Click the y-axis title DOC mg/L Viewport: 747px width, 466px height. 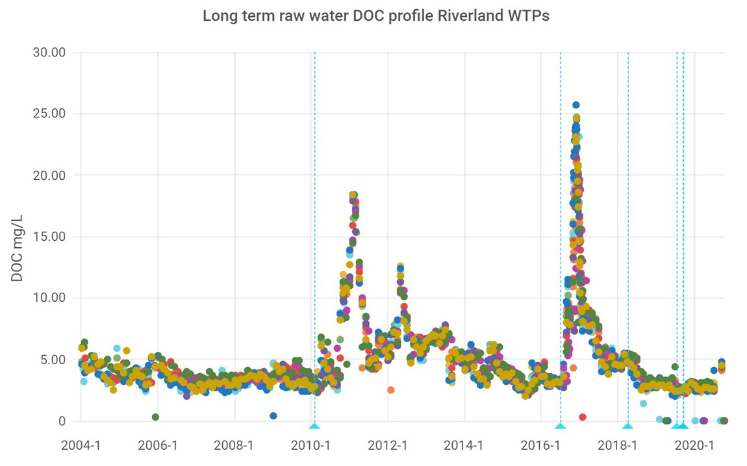pos(17,236)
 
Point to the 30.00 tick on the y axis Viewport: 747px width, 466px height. pos(49,52)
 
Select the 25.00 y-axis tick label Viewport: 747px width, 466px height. pos(49,114)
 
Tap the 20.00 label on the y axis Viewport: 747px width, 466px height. pos(49,175)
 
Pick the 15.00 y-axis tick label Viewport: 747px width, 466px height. pos(49,236)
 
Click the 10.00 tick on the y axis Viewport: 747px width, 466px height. pos(49,298)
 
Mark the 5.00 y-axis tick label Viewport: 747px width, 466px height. pos(52,360)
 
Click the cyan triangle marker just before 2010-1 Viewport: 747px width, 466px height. pos(314,426)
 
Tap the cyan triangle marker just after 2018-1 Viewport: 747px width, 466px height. pos(627,426)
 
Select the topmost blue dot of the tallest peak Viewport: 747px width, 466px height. pos(576,104)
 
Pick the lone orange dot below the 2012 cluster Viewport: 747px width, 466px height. pos(390,390)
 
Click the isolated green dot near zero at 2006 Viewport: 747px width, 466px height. pos(155,417)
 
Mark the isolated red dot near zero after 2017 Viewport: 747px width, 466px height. pos(583,417)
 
